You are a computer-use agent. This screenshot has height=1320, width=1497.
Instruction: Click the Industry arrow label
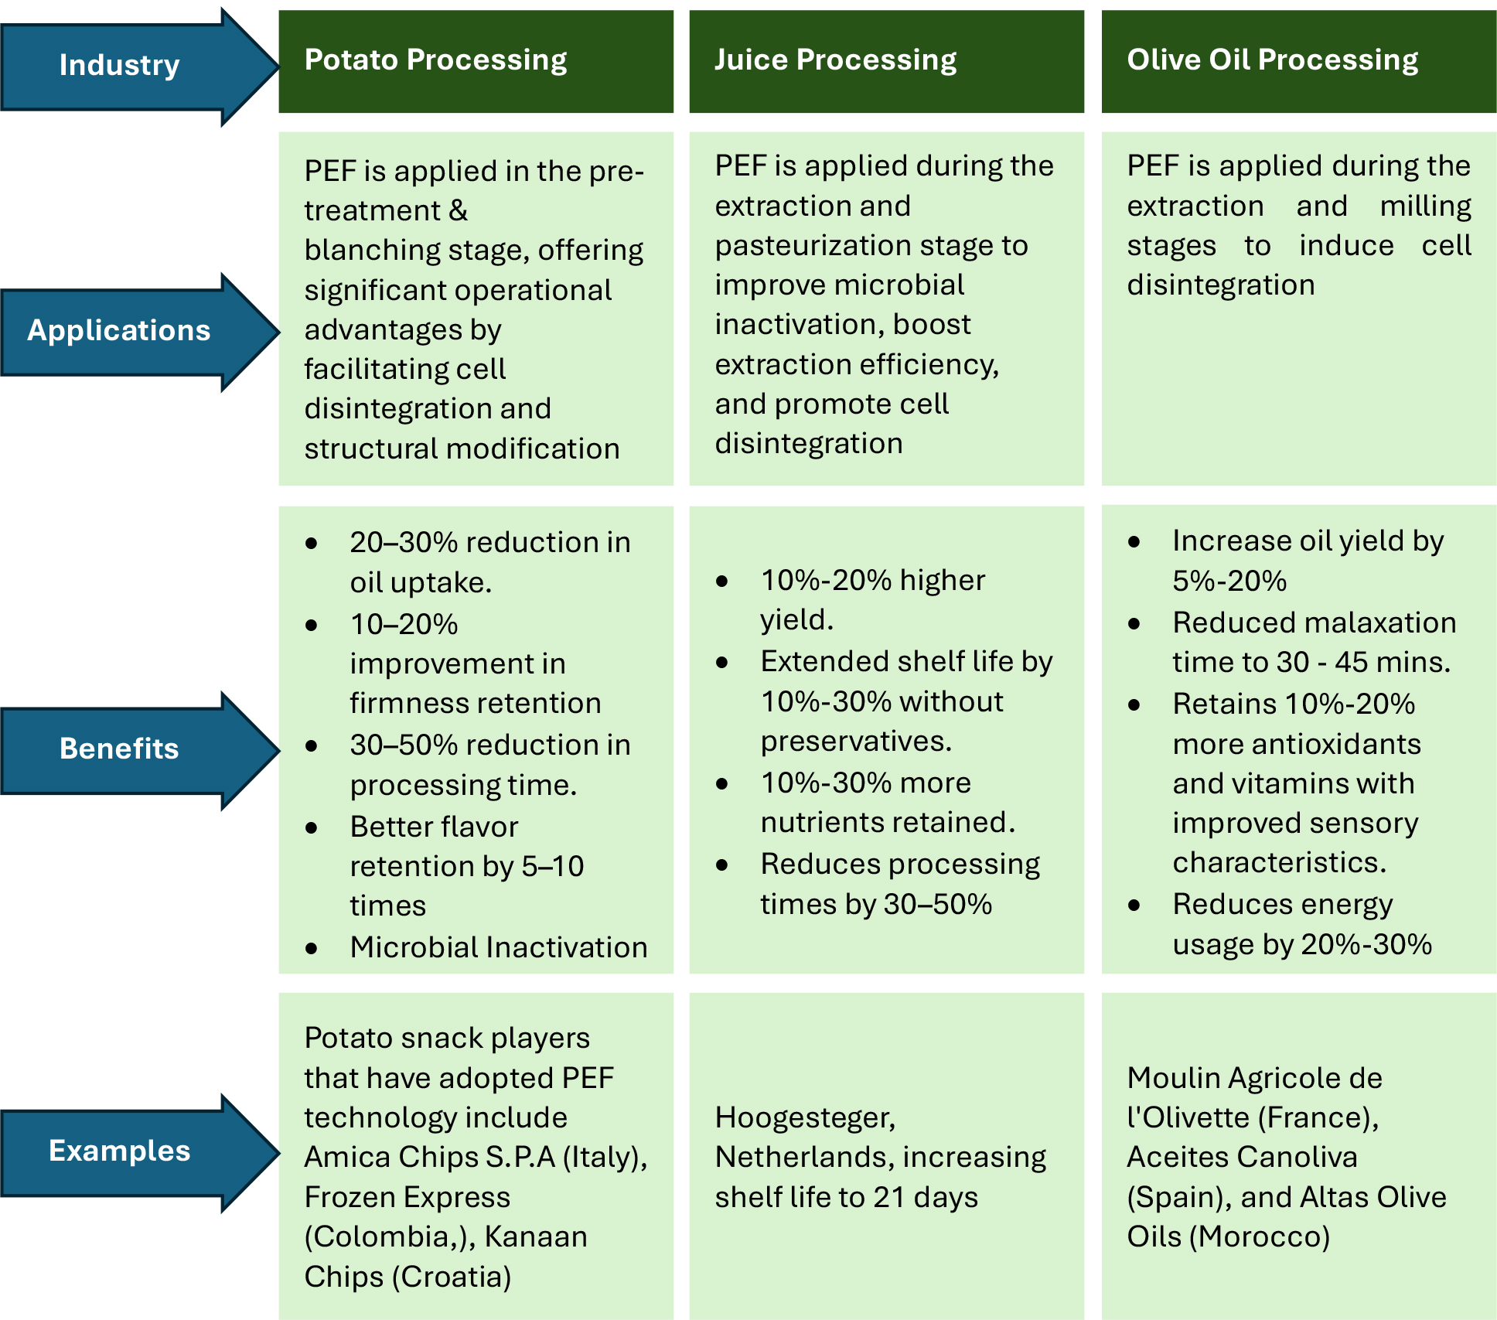click(x=119, y=66)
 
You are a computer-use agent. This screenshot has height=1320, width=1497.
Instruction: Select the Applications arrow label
click(x=119, y=331)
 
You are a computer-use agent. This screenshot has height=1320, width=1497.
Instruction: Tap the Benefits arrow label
click(x=119, y=749)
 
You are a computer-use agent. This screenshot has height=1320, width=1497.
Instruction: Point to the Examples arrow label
click(x=119, y=1151)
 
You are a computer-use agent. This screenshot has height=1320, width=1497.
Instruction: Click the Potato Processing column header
click(x=435, y=60)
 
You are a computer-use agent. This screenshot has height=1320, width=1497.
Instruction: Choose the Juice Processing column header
click(x=835, y=60)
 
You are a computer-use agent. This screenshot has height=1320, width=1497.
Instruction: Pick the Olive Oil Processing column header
click(x=1272, y=60)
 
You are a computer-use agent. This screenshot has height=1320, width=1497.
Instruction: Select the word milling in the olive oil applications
click(x=1425, y=206)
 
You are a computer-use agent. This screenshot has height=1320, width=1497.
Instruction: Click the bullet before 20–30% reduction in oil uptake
click(x=312, y=544)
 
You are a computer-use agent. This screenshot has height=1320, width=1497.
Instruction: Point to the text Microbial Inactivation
click(x=499, y=947)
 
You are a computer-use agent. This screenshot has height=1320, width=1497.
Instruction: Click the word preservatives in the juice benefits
click(x=855, y=742)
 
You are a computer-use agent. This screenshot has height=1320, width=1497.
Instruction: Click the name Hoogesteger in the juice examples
click(x=804, y=1118)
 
